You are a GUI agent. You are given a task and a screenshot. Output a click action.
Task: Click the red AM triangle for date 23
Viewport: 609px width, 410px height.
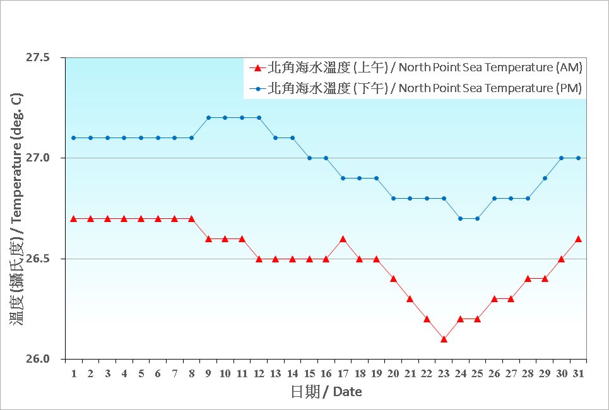pos(444,339)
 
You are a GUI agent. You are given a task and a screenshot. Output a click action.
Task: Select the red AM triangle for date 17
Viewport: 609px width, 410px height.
pos(343,239)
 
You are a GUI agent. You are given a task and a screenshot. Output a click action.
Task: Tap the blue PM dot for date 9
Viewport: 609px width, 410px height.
pos(208,117)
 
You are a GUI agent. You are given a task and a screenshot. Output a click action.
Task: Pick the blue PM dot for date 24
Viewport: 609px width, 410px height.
pos(461,218)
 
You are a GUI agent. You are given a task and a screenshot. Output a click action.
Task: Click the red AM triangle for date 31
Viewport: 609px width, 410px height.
pos(578,239)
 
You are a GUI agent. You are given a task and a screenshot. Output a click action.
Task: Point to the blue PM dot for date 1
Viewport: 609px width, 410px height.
pos(74,138)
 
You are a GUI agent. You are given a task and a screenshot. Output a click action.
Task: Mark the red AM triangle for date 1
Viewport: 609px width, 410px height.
pos(74,218)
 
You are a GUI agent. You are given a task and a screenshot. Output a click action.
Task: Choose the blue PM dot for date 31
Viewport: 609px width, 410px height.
pos(578,158)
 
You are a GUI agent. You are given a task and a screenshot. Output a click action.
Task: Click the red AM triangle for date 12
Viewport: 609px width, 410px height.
pos(259,259)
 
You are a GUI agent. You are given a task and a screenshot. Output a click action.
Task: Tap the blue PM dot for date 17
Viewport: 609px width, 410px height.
pos(343,178)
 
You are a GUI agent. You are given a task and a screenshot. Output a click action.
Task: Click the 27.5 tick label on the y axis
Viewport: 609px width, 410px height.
pos(37,57)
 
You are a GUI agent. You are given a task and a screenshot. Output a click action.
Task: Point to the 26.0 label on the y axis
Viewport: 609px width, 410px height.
pos(37,360)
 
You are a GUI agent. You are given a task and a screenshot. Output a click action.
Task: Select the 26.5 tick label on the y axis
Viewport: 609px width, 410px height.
pos(37,259)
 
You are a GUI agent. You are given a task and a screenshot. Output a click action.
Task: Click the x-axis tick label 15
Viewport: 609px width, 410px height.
pos(309,373)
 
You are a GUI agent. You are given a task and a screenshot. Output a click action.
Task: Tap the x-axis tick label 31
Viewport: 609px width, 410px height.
pos(578,373)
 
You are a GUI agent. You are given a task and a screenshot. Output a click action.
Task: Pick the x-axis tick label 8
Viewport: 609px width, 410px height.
pos(191,373)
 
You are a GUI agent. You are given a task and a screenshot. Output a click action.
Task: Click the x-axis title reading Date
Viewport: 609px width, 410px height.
pos(326,392)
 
